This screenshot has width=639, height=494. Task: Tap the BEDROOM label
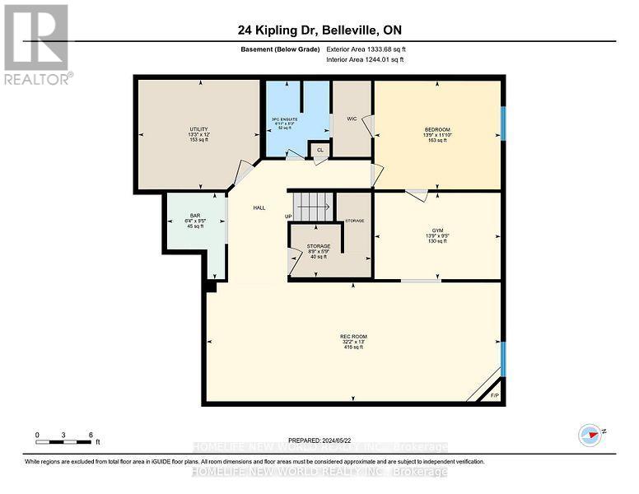click(435, 129)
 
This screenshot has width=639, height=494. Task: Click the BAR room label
click(195, 216)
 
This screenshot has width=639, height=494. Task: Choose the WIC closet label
click(352, 119)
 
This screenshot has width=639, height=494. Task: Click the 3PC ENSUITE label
click(284, 120)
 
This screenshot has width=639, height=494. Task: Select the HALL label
click(259, 208)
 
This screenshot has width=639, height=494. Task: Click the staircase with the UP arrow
click(313, 206)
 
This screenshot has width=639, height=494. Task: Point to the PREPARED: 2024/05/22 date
click(320, 440)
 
